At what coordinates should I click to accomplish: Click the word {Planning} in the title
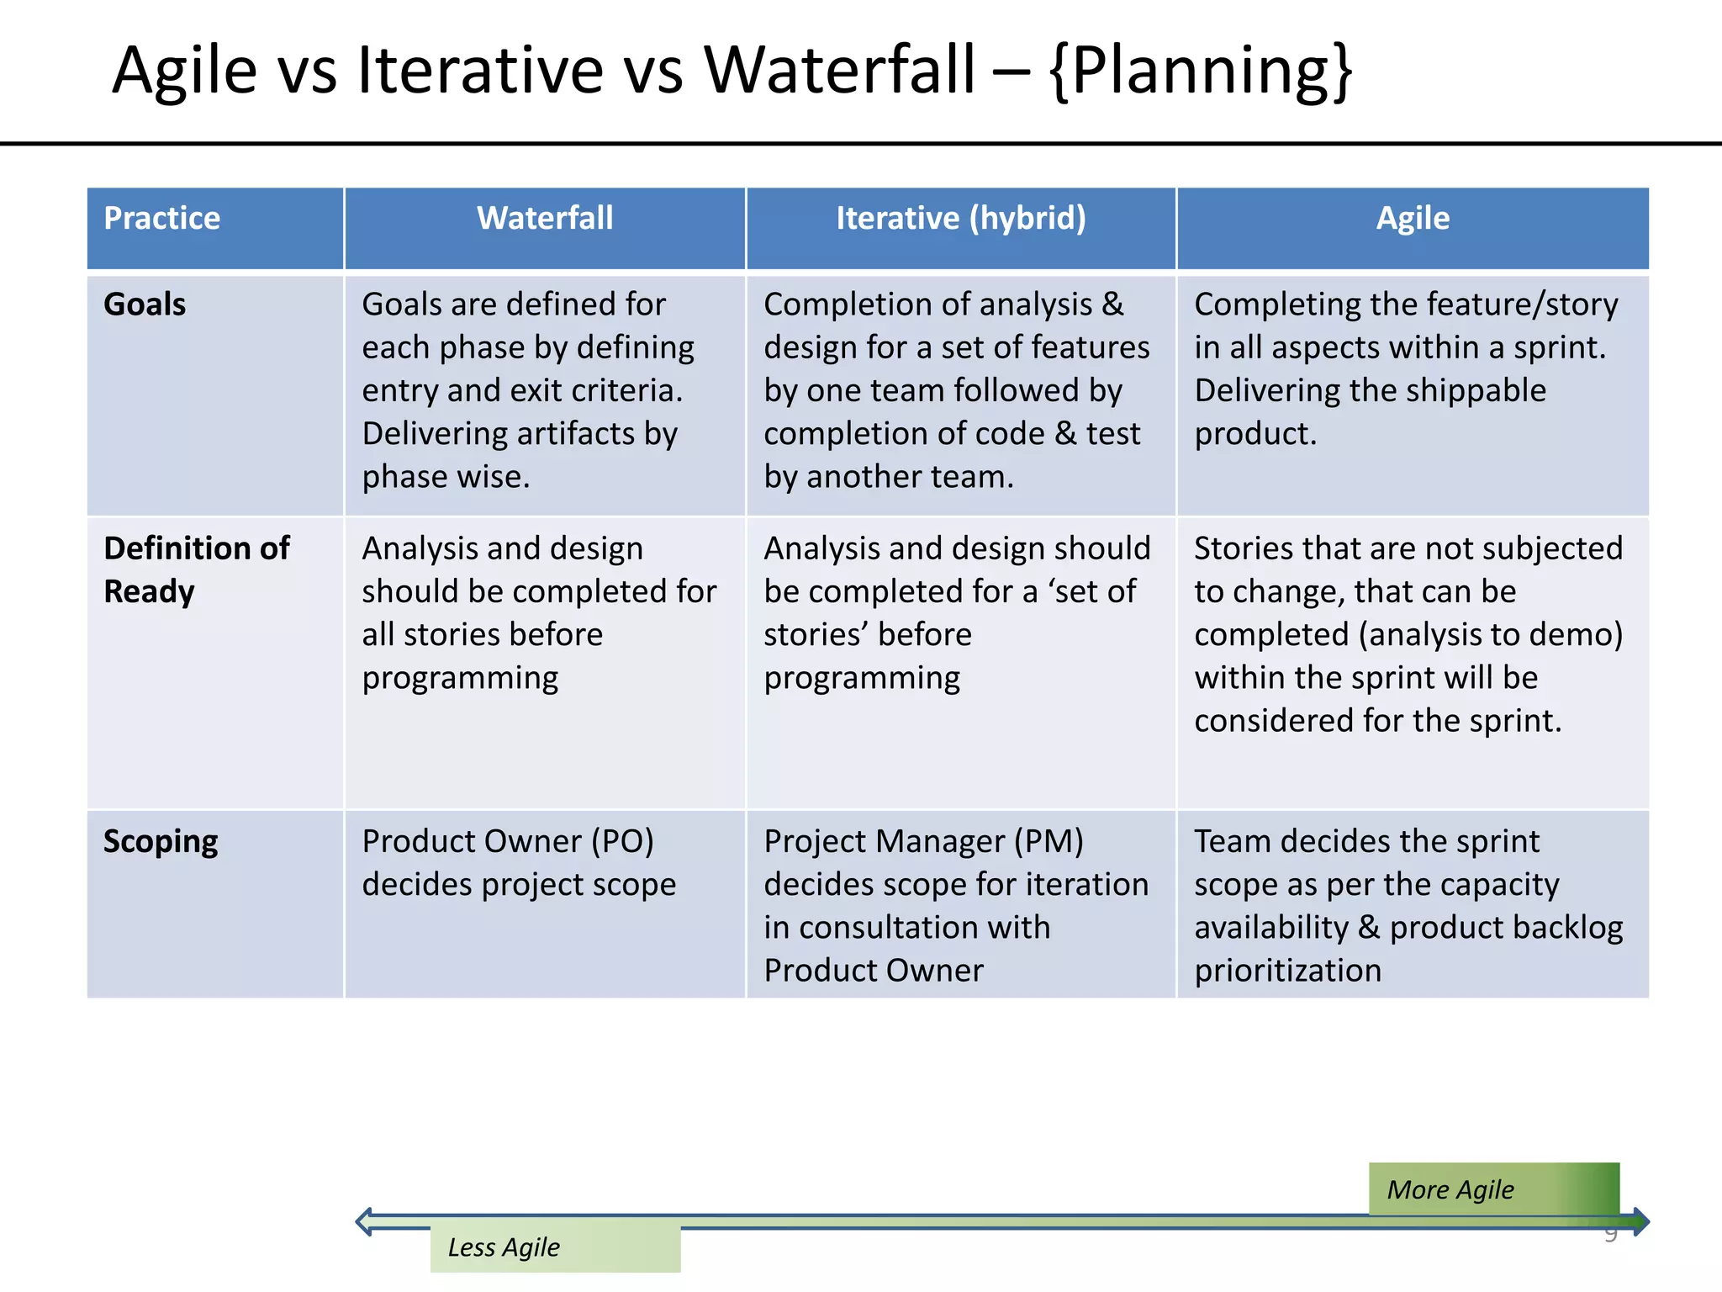1201,71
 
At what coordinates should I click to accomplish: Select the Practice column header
162,219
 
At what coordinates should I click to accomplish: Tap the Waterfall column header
545,219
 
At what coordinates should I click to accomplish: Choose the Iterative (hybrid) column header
960,219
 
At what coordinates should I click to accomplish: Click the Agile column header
1413,219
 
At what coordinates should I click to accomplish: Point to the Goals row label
145,304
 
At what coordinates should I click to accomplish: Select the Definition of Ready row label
196,569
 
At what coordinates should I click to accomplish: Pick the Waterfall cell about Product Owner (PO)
518,862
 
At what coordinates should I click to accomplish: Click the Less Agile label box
555,1248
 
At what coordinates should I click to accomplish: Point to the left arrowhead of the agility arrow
365,1221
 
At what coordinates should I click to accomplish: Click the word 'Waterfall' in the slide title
839,71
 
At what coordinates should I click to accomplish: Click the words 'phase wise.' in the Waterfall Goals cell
446,477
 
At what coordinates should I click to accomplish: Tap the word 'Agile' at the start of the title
185,71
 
